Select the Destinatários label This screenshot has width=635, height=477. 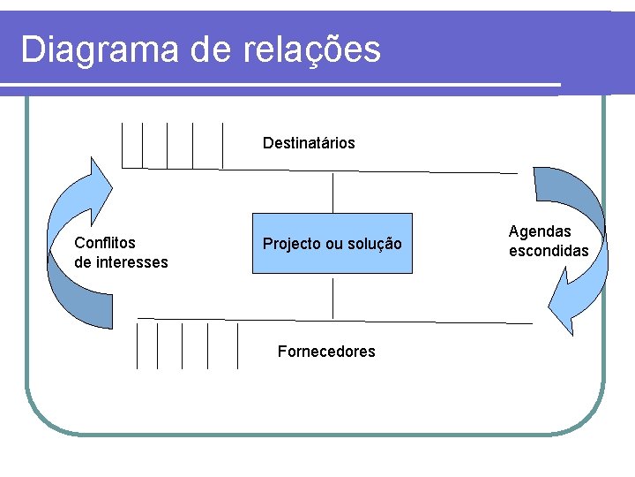pos(309,143)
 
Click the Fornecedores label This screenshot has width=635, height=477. pos(326,352)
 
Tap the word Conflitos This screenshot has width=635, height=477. pos(105,242)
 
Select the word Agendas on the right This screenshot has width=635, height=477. pos(540,231)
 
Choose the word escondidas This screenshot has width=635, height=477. pos(549,251)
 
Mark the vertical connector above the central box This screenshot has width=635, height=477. pos(332,193)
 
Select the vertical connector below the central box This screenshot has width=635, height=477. pos(332,299)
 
